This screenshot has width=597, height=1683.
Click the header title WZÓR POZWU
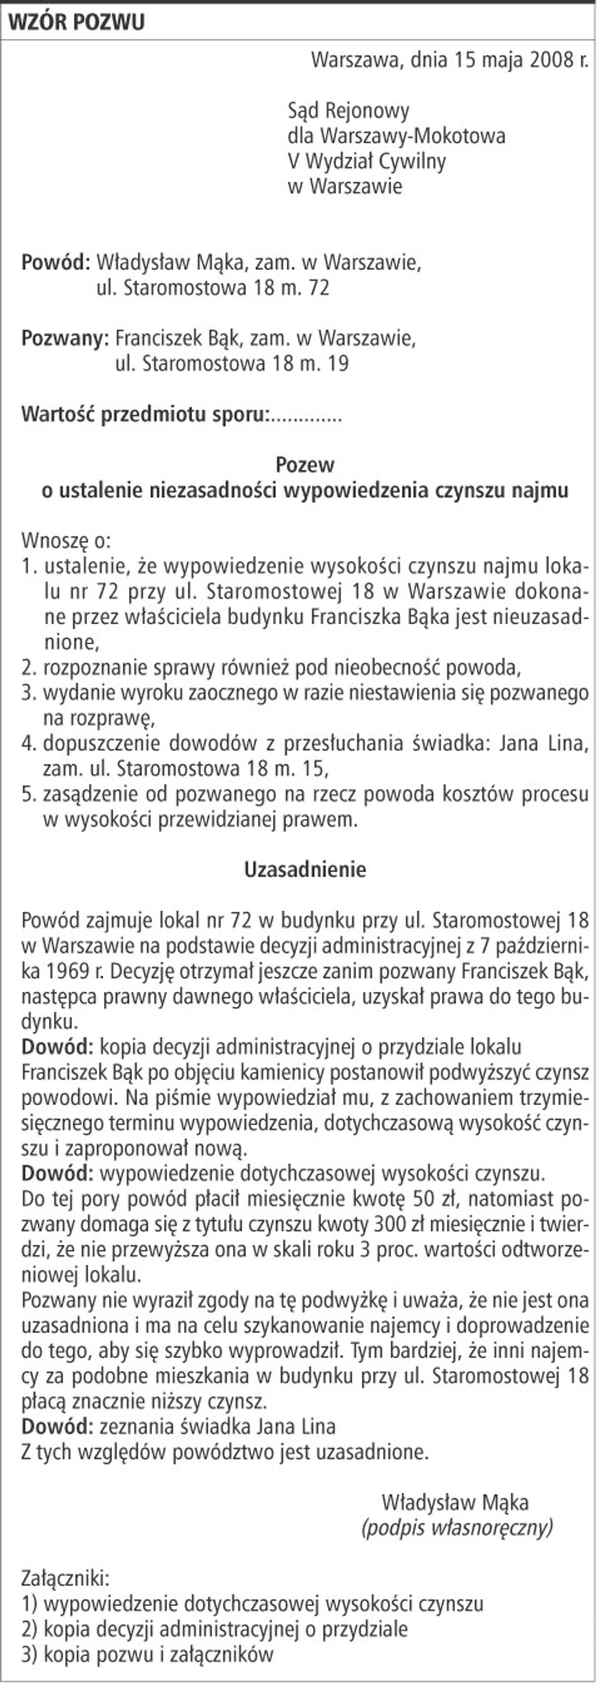pos(76,22)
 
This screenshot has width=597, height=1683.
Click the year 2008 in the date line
pos(550,60)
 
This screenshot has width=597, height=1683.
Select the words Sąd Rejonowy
pos(349,111)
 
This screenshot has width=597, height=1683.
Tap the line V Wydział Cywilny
pos(366,161)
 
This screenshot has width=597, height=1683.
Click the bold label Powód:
pos(56,263)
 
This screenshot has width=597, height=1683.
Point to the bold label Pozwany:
pos(65,338)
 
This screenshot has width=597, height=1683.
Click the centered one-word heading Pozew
pos(305,465)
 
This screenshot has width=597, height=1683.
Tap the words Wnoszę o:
pos(66,540)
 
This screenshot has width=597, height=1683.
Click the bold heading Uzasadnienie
pos(305,870)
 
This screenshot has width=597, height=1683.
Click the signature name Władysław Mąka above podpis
pos(455,1503)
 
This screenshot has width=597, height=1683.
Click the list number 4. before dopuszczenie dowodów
pos(29,744)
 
